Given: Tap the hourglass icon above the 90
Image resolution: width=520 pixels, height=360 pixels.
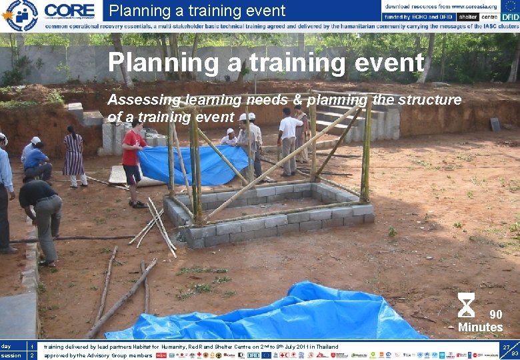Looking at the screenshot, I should (x=467, y=305).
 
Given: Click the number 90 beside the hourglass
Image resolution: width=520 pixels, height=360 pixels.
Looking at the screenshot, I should (x=496, y=315).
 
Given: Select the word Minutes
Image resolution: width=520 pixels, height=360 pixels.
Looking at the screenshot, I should (x=480, y=327).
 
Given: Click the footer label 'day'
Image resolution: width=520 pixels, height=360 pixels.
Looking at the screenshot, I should (x=6, y=347).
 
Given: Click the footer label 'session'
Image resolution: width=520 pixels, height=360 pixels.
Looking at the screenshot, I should (x=11, y=355).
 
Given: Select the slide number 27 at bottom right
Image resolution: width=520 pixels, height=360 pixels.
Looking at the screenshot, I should (x=507, y=347).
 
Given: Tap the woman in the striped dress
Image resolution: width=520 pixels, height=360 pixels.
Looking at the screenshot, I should (x=73, y=157).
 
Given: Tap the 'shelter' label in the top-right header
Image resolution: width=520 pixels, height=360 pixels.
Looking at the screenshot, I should (x=469, y=16).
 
